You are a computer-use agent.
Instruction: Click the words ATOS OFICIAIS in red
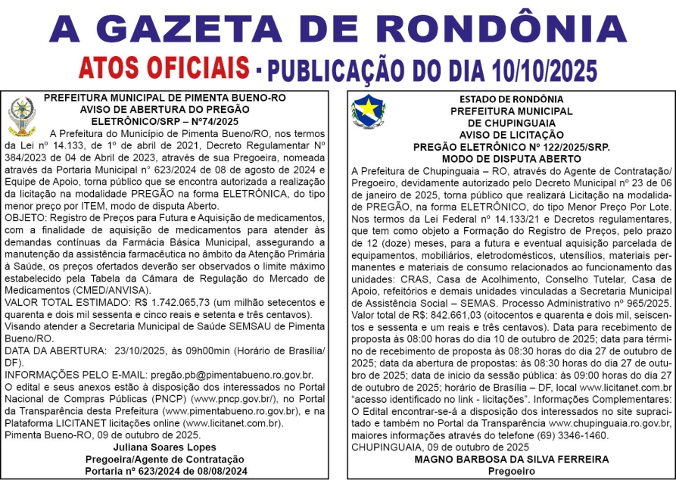[162, 68]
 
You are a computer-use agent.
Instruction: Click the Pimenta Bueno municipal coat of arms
[21, 117]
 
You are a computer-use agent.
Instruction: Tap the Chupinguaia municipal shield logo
[368, 111]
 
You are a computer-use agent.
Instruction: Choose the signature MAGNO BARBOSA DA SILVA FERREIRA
[511, 459]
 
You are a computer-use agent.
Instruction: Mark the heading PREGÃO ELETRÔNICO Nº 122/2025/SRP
[511, 148]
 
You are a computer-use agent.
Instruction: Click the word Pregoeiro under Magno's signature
[511, 470]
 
